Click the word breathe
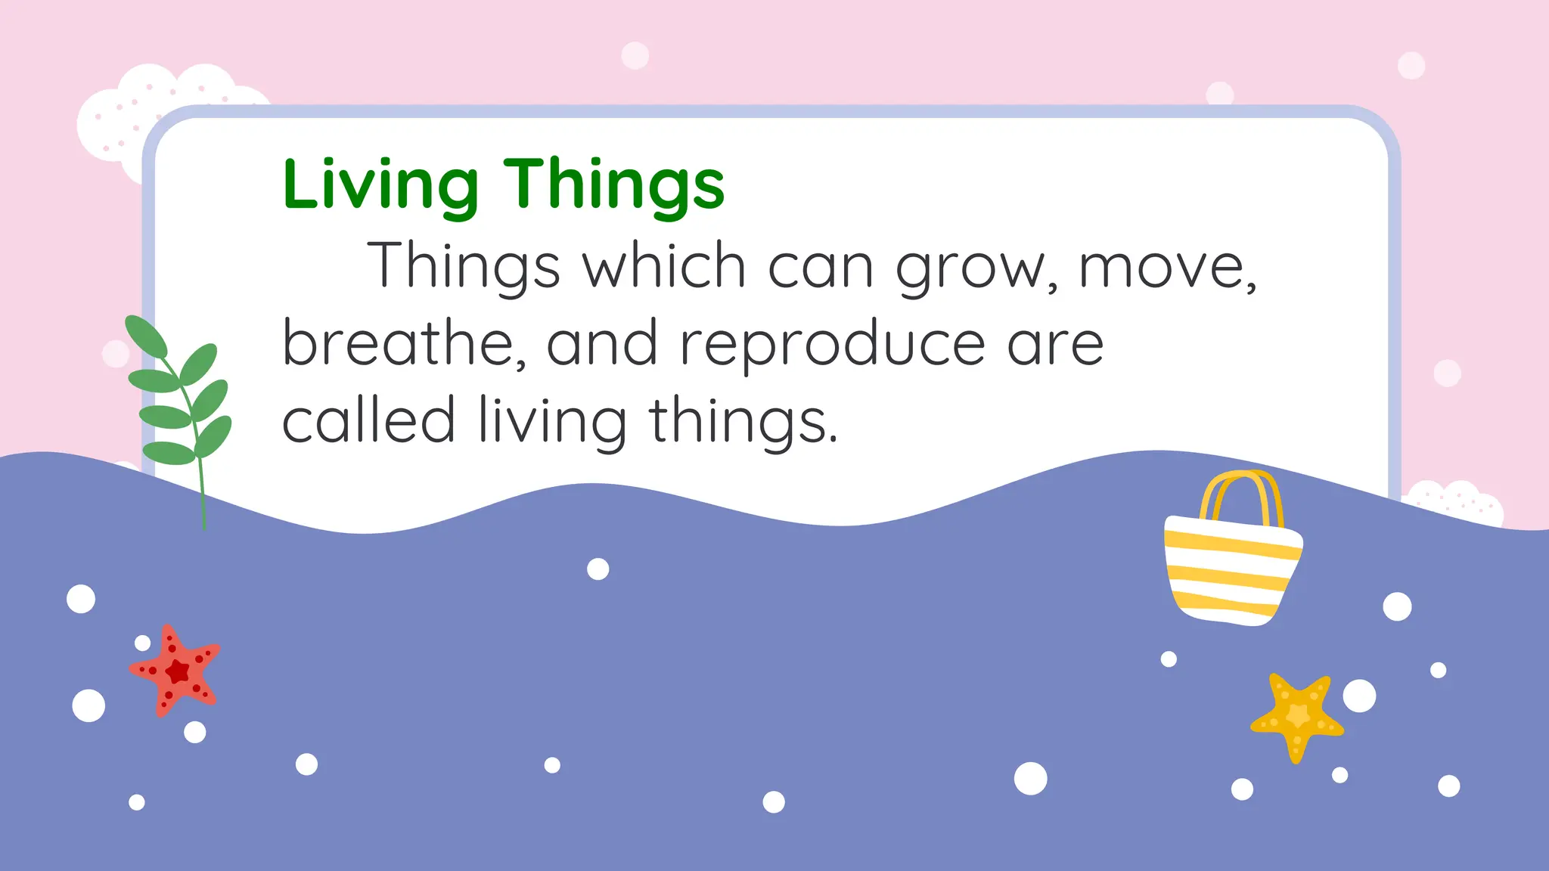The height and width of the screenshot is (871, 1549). pos(405,343)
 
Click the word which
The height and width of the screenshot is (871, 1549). pos(664,265)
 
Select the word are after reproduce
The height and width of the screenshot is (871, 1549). pos(1055,345)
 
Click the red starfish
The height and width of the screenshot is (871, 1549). pos(176,670)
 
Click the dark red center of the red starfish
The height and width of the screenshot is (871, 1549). pos(178,671)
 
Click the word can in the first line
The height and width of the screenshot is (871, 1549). pos(821,267)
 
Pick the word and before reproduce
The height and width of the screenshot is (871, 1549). pos(601,343)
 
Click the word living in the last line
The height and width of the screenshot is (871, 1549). pos(552,421)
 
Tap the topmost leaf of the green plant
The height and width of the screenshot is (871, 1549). pos(145,336)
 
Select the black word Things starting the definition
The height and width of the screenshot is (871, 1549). pos(464,265)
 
